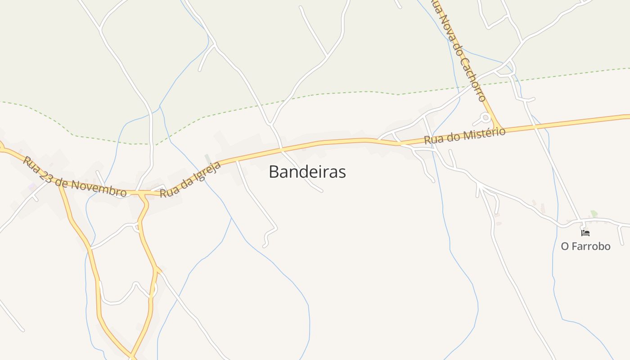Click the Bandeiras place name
click(x=307, y=171)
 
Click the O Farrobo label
click(x=585, y=246)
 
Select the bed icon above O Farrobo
click(x=585, y=233)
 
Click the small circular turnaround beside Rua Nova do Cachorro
click(x=485, y=118)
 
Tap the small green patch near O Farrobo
click(x=594, y=214)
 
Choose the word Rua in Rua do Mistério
click(x=432, y=139)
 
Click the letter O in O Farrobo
click(x=565, y=246)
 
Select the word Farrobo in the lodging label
click(x=592, y=246)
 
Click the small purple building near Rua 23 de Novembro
click(x=32, y=186)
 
